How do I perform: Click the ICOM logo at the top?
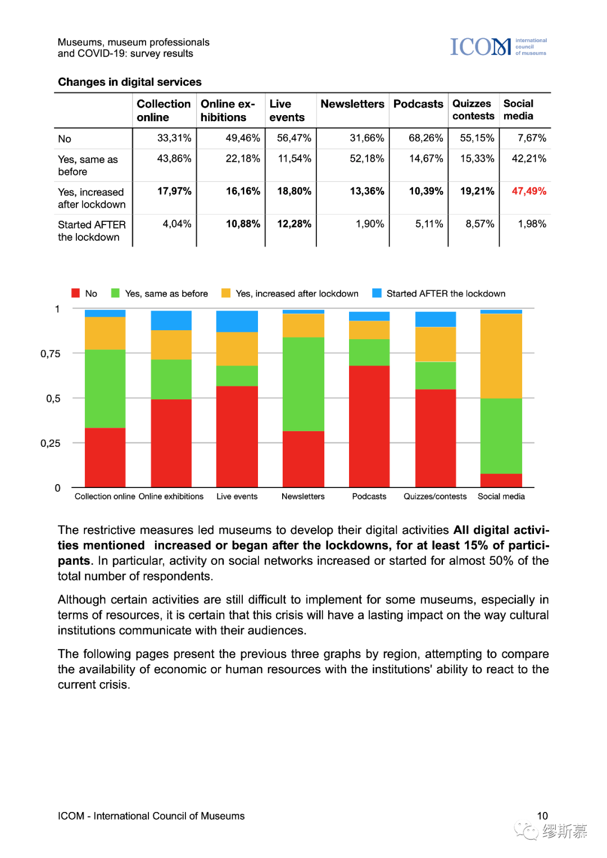point(498,47)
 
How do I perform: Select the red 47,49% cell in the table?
point(528,191)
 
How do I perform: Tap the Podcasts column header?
point(418,104)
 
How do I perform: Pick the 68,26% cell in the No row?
point(425,138)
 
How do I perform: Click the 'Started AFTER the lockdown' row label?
point(91,231)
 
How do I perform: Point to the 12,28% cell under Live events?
point(294,223)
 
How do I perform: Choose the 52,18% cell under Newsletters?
point(366,159)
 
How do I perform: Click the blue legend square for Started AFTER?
point(377,293)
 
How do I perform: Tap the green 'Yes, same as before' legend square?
point(116,293)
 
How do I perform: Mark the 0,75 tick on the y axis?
point(50,354)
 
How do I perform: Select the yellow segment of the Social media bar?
point(501,356)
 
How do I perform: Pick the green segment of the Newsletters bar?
point(303,384)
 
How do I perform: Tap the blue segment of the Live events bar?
point(237,321)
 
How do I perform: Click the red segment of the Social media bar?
point(501,480)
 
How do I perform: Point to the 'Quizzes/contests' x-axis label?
point(435,496)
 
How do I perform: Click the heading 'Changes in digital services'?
point(130,82)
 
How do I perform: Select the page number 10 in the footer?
point(542,816)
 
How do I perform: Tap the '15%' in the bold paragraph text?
point(476,545)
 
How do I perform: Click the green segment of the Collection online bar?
point(105,389)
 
